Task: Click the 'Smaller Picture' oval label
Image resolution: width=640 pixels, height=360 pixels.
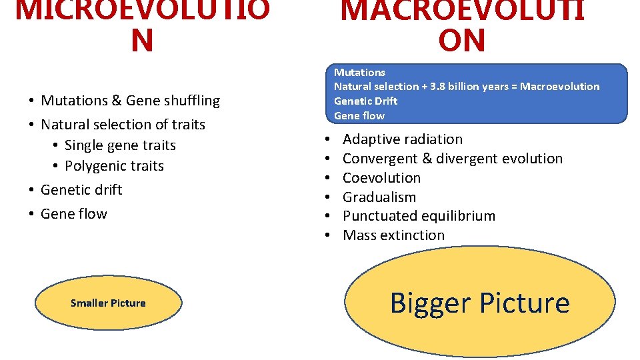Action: click(x=108, y=303)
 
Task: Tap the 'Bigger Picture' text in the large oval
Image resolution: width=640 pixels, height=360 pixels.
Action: click(x=479, y=303)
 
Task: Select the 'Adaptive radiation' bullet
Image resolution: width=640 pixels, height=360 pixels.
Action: click(x=402, y=139)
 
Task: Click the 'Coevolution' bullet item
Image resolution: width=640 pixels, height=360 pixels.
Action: click(x=381, y=178)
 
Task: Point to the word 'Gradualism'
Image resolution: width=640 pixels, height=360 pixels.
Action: click(x=379, y=197)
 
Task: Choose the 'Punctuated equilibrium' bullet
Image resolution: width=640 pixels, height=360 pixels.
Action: click(x=419, y=216)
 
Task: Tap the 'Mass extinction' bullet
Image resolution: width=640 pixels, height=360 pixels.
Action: click(x=393, y=235)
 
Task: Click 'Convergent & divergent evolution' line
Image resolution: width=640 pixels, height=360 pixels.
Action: click(x=452, y=159)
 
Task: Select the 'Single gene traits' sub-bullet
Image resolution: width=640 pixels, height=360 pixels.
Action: click(x=120, y=145)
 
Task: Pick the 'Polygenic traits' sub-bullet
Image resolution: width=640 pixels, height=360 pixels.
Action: click(x=114, y=166)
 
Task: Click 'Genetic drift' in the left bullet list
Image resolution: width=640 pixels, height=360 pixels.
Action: click(x=81, y=190)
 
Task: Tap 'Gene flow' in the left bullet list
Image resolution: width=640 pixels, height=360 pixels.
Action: click(x=73, y=214)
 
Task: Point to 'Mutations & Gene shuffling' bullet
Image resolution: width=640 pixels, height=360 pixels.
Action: click(x=130, y=101)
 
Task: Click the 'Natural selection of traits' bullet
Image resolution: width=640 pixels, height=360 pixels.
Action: click(x=123, y=125)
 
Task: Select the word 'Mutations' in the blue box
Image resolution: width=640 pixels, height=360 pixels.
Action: click(x=359, y=72)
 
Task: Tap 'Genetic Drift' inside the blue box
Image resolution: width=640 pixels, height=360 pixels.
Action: click(x=365, y=101)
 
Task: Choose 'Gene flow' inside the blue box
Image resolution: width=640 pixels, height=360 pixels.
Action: click(x=359, y=116)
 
